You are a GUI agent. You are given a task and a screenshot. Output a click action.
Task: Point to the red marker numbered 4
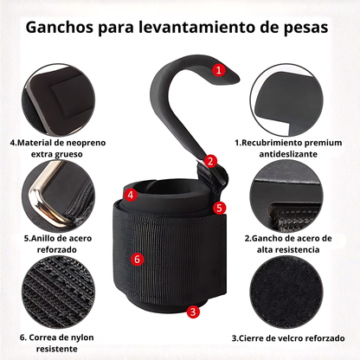pyautogui.click(x=129, y=196)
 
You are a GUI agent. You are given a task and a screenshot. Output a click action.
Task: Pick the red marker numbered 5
pyautogui.click(x=220, y=208)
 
